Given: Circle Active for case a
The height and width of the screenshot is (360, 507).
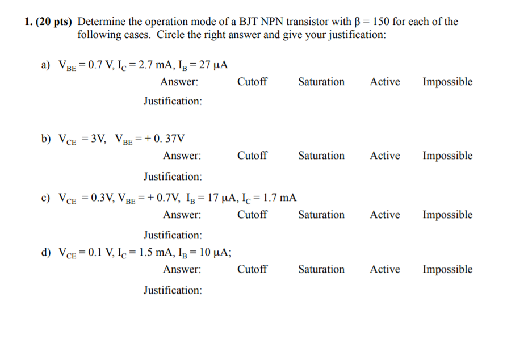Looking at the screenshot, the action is click(x=384, y=82).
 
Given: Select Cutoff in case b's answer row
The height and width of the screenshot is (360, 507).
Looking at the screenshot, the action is click(x=252, y=156).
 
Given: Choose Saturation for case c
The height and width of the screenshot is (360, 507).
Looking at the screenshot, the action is click(x=321, y=215).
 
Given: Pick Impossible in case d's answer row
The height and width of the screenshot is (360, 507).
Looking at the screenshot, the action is click(x=447, y=269).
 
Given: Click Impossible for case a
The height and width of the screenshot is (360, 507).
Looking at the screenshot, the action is click(x=447, y=82).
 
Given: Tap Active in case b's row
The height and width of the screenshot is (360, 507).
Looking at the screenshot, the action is click(x=384, y=156).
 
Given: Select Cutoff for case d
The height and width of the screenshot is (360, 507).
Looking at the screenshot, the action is click(x=252, y=269).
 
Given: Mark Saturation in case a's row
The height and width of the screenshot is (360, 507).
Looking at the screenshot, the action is click(x=321, y=82).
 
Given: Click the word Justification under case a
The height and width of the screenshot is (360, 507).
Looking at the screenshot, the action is click(x=172, y=101).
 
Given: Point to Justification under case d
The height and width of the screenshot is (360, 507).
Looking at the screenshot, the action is click(x=172, y=290).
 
